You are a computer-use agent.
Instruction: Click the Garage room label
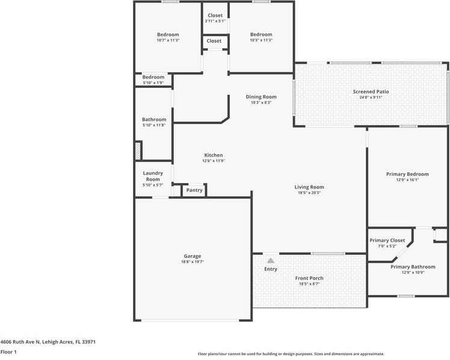click(193, 256)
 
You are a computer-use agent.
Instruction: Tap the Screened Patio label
click(371, 92)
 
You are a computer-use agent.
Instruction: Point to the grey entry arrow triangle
click(271, 261)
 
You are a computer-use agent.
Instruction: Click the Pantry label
click(194, 190)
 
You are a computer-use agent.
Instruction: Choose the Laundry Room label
click(153, 176)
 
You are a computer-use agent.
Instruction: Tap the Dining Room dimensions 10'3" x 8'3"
click(261, 102)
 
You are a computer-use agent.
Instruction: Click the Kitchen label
click(213, 155)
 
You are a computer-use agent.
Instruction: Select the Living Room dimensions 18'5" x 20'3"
click(309, 193)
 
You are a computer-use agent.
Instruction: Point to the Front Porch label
click(309, 278)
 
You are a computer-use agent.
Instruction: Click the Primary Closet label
click(387, 241)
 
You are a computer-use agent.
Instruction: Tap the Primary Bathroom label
click(413, 267)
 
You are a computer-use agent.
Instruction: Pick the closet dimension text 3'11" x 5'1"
click(215, 21)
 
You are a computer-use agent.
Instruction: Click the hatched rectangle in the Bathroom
click(138, 151)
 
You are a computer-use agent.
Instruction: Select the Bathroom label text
click(154, 120)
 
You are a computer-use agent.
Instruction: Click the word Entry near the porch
click(271, 269)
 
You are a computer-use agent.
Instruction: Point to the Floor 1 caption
click(8, 352)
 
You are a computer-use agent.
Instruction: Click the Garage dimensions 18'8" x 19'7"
click(193, 262)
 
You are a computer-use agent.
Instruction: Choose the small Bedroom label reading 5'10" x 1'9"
click(153, 82)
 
